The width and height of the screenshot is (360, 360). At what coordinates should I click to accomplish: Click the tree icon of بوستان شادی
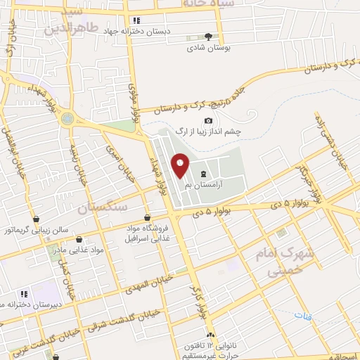(x=208, y=37)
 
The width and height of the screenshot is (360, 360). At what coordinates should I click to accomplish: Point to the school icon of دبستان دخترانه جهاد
(x=136, y=20)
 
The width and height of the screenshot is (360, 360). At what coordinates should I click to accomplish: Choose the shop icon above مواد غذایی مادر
(x=79, y=239)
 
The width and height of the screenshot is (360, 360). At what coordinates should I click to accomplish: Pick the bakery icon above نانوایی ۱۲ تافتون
(x=211, y=335)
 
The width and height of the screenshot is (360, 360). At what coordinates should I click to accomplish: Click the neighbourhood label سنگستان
(x=103, y=207)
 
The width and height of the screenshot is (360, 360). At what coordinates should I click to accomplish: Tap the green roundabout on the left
(x=67, y=119)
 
